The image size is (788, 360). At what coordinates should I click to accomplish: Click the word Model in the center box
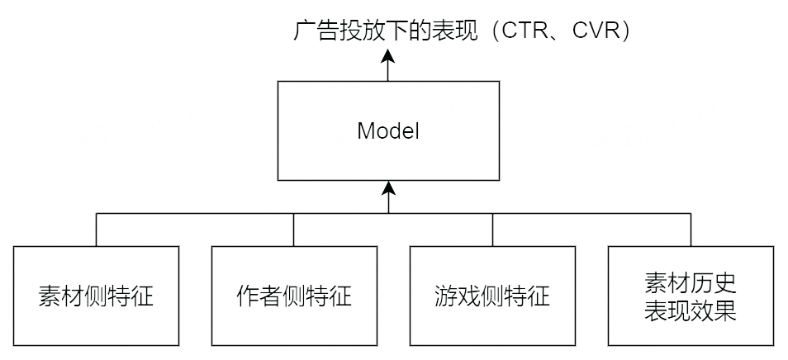[388, 131]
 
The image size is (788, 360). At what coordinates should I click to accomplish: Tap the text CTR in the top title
[527, 31]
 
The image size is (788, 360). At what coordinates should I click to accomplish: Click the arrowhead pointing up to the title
[388, 55]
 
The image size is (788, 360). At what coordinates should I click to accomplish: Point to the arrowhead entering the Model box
[388, 187]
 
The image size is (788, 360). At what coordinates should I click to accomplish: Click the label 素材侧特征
[96, 296]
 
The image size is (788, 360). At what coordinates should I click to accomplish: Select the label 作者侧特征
[294, 296]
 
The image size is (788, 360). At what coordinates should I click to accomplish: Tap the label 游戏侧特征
[492, 296]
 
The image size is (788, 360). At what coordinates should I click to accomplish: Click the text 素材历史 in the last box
[691, 283]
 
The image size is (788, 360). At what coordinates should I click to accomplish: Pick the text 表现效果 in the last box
[691, 310]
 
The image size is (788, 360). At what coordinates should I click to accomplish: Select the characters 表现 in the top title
[455, 31]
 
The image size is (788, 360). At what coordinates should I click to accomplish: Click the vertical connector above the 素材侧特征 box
[96, 230]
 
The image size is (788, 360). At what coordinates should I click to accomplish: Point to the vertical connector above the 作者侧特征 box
[294, 230]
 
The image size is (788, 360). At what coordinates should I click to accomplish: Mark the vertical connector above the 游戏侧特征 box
[492, 230]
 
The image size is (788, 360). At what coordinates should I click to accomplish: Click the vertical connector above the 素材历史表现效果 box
[691, 230]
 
